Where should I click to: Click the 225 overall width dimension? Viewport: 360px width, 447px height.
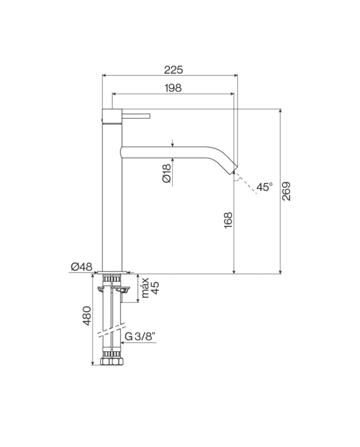coord(173,70)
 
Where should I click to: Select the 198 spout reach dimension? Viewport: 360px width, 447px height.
coord(173,88)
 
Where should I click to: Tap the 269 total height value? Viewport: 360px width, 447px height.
coord(287,191)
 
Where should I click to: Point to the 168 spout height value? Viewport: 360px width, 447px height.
coord(228,220)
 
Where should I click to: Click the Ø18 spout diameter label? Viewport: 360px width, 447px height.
coord(166,174)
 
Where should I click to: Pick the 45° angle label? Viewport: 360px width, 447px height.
coord(265,187)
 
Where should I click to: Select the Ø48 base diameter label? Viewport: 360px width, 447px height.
coord(81,266)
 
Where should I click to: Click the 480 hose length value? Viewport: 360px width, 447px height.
coord(87,315)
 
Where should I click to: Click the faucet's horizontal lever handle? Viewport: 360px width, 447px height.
coord(136,116)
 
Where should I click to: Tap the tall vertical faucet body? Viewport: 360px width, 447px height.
coord(113,195)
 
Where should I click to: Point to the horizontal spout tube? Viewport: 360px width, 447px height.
coord(170,151)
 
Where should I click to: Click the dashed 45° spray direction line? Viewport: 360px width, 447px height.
coord(246,184)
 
